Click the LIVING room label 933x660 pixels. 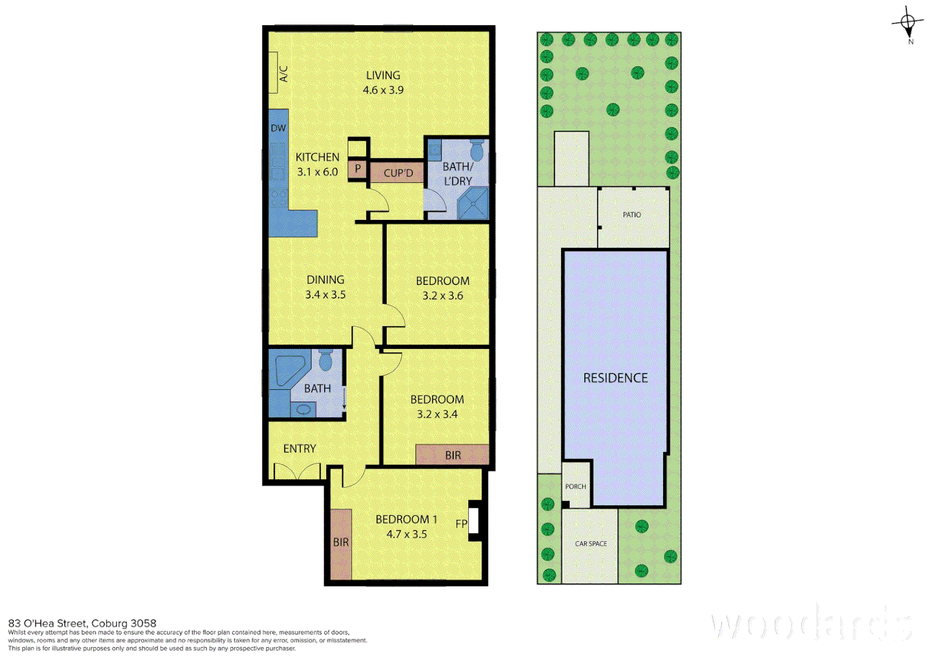pos(383,75)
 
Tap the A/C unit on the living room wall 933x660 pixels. pos(274,73)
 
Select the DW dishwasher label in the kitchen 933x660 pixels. pos(278,128)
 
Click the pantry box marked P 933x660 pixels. pos(358,169)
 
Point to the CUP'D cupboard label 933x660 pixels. pos(398,173)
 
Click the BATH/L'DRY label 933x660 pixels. pos(457,174)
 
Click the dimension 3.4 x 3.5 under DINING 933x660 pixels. pos(325,295)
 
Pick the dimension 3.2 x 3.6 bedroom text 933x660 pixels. pos(443,296)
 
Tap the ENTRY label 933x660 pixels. pos(299,449)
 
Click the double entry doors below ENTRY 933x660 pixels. pos(297,471)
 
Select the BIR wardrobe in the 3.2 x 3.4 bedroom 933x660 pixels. pos(452,455)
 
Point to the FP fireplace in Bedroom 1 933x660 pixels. pos(474,521)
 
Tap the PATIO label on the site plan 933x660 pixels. pos(632,215)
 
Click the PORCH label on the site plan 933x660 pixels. pos(575,486)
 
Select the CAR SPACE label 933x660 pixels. pos(590,543)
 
